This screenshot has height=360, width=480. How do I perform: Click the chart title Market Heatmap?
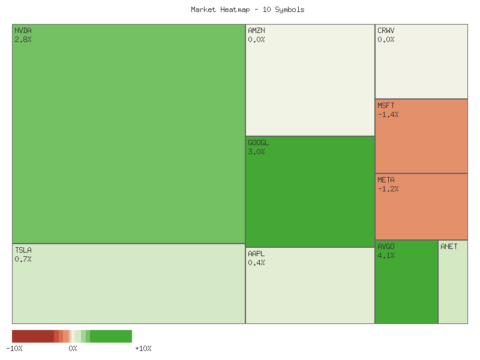click(247, 10)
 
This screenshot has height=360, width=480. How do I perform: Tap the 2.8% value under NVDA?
click(23, 39)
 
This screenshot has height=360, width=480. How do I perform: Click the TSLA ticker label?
click(23, 250)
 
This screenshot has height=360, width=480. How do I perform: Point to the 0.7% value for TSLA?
click(23, 259)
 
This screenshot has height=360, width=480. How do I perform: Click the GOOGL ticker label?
click(258, 143)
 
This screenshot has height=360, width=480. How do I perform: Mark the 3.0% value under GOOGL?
click(256, 152)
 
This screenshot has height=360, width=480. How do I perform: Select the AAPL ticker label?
click(256, 253)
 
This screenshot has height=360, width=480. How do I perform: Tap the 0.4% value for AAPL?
click(256, 263)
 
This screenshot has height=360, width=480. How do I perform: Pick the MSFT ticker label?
click(386, 105)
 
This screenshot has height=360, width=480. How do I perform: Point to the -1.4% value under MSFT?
click(388, 115)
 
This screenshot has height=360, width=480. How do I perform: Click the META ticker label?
click(386, 179)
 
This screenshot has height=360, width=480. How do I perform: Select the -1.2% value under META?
click(388, 189)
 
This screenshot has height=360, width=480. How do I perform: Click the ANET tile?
click(453, 282)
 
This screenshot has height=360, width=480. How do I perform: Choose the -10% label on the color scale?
click(14, 349)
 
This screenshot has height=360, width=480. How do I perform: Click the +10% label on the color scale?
click(143, 349)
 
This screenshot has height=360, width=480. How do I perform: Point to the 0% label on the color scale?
click(73, 349)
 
